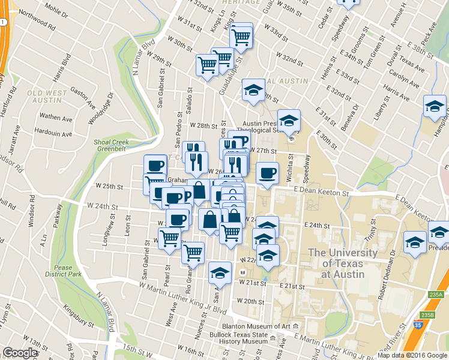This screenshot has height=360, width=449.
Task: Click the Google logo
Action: tap(20, 353)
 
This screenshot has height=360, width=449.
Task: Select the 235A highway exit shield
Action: tap(436, 294)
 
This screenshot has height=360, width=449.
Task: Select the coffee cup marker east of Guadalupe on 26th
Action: tap(268, 173)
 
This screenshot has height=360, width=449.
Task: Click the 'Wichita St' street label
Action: tap(290, 165)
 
